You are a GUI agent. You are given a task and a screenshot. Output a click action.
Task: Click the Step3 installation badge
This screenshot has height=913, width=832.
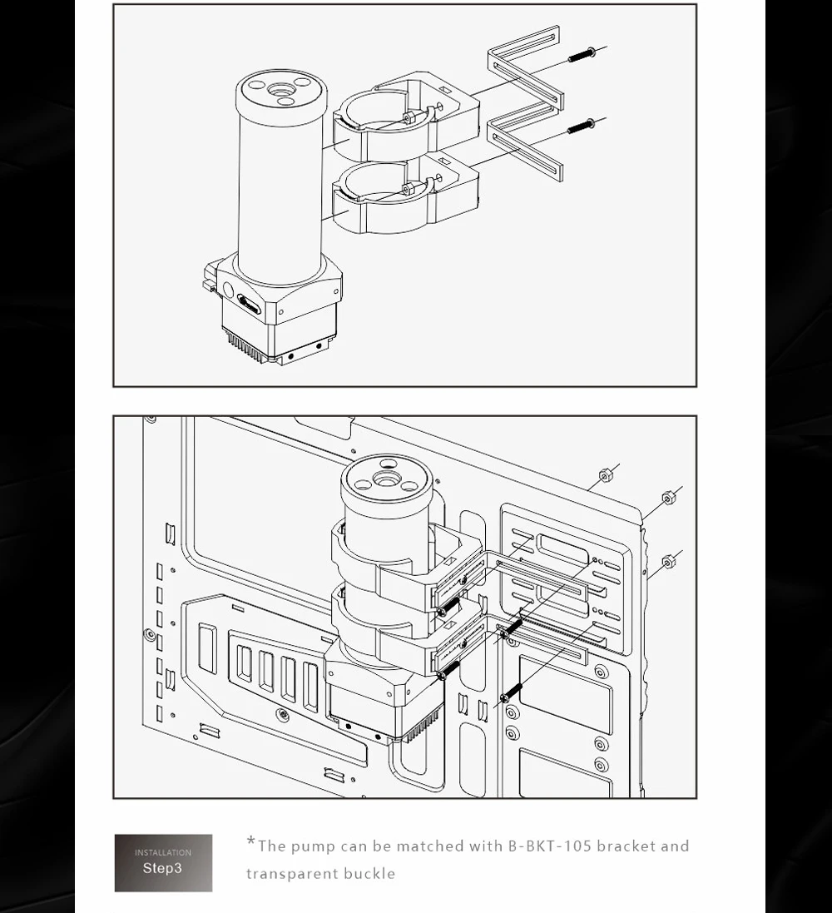click(x=164, y=862)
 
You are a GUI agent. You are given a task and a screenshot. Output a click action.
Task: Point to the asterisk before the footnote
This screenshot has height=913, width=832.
click(x=251, y=841)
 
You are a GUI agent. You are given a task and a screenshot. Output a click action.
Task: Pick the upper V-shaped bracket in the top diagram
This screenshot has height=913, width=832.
click(x=525, y=69)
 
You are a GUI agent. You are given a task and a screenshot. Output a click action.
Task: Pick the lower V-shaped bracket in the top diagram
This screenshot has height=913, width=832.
click(x=525, y=142)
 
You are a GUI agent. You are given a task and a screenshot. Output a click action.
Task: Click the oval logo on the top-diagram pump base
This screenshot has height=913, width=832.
click(x=250, y=305)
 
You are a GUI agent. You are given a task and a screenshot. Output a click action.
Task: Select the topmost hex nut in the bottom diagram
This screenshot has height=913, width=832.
click(x=606, y=476)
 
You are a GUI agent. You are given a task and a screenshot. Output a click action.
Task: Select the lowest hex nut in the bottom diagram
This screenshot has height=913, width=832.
click(x=668, y=562)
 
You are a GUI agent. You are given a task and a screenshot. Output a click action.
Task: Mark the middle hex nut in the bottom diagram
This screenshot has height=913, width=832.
click(x=668, y=498)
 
